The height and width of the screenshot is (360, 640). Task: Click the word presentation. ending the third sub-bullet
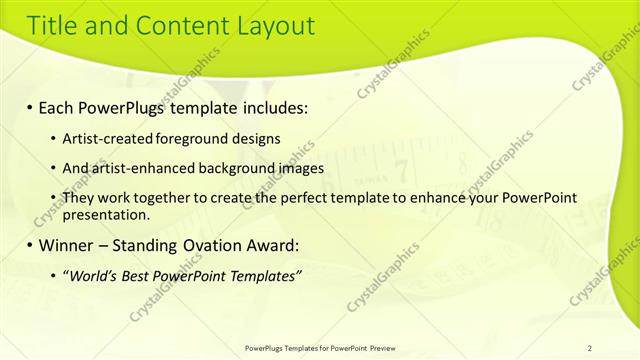tap(106, 214)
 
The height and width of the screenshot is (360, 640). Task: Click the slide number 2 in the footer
tap(590, 348)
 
